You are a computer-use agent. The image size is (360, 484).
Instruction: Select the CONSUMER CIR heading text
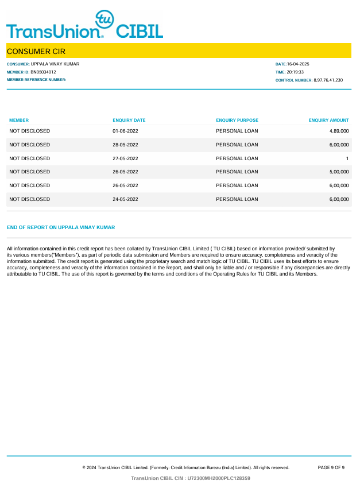pyautogui.click(x=36, y=52)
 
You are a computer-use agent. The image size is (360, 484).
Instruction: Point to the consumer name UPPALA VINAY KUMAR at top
pyautogui.click(x=55, y=64)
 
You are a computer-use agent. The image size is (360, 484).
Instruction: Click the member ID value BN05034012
pyautogui.click(x=43, y=72)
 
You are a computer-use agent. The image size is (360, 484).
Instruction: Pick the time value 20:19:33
pyautogui.click(x=295, y=72)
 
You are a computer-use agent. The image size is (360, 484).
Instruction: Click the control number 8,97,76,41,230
pyautogui.click(x=328, y=80)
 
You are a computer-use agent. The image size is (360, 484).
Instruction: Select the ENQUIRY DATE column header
pyautogui.click(x=129, y=121)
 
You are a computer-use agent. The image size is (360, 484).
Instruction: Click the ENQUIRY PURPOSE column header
pyautogui.click(x=237, y=121)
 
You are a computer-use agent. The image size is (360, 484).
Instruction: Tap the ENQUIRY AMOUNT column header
pyautogui.click(x=328, y=121)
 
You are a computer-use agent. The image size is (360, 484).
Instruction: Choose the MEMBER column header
pyautogui.click(x=19, y=121)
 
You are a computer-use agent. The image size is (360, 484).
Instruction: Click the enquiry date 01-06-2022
pyautogui.click(x=125, y=131)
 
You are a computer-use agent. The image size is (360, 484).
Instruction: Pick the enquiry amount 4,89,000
pyautogui.click(x=339, y=131)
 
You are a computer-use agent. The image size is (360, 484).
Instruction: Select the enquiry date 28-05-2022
pyautogui.click(x=125, y=145)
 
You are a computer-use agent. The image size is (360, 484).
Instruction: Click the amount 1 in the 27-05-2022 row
pyautogui.click(x=347, y=158)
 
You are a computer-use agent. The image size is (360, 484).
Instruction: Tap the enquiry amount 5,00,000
pyautogui.click(x=339, y=172)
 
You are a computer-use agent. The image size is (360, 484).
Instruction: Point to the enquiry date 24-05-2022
pyautogui.click(x=125, y=199)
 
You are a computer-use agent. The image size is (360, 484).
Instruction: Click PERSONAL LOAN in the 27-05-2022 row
pyautogui.click(x=237, y=158)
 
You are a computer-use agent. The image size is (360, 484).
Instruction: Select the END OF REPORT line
pyautogui.click(x=61, y=227)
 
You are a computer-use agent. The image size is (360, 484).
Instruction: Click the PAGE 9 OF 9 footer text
pyautogui.click(x=331, y=468)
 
